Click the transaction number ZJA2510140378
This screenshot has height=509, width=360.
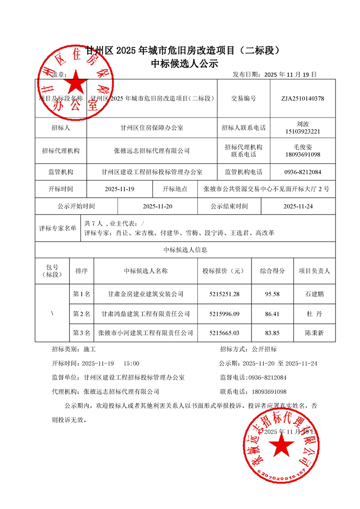click(x=302, y=98)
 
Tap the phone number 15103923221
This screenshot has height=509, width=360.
click(x=302, y=132)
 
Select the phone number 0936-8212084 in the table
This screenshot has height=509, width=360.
click(x=302, y=172)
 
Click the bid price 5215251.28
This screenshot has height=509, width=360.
click(x=224, y=294)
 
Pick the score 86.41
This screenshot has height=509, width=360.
click(x=272, y=313)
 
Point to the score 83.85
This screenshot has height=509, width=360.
click(x=272, y=333)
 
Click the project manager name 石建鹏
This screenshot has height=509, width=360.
click(x=315, y=294)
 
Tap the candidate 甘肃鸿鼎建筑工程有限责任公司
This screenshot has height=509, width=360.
click(x=146, y=313)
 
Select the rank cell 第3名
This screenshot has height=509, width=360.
click(x=82, y=333)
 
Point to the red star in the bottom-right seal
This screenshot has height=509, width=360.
click(x=282, y=447)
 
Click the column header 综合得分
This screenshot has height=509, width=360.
click(x=272, y=271)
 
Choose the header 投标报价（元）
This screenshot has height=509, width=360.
click(x=224, y=271)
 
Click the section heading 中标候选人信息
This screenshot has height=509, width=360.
click(x=185, y=250)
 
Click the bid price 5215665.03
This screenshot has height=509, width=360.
click(x=224, y=333)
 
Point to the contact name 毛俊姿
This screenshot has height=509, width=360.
click(x=302, y=147)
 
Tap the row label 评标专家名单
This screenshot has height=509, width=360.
click(x=58, y=228)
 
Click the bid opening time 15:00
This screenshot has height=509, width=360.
click(x=131, y=363)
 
